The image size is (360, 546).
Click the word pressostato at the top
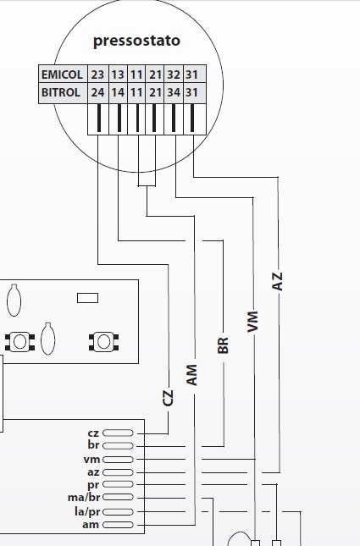pyautogui.click(x=136, y=41)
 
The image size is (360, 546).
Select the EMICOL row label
pyautogui.click(x=62, y=74)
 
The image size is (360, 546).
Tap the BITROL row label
pyautogui.click(x=61, y=92)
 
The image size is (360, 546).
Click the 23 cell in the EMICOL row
pyautogui.click(x=97, y=74)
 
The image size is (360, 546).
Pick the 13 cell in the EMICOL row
pyautogui.click(x=118, y=74)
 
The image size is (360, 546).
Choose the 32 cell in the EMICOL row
pyautogui.click(x=173, y=74)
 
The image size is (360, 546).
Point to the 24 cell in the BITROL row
pyautogui.click(x=97, y=92)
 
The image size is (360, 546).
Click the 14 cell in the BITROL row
pyautogui.click(x=118, y=92)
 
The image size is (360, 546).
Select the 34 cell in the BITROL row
pyautogui.click(x=173, y=92)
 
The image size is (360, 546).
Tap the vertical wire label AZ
pyautogui.click(x=277, y=281)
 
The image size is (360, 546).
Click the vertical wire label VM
pyautogui.click(x=252, y=322)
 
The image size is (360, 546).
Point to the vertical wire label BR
pyautogui.click(x=223, y=345)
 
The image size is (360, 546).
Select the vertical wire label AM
pyautogui.click(x=191, y=375)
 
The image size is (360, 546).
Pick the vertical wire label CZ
pyautogui.click(x=168, y=398)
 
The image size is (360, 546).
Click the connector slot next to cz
pyautogui.click(x=118, y=433)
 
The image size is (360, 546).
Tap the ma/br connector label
pyautogui.click(x=84, y=498)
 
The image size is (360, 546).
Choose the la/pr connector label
pyautogui.click(x=87, y=511)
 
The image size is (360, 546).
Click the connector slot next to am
pyautogui.click(x=118, y=524)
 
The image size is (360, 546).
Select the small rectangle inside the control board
pyautogui.click(x=87, y=298)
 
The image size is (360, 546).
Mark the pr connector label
pyautogui.click(x=93, y=485)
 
